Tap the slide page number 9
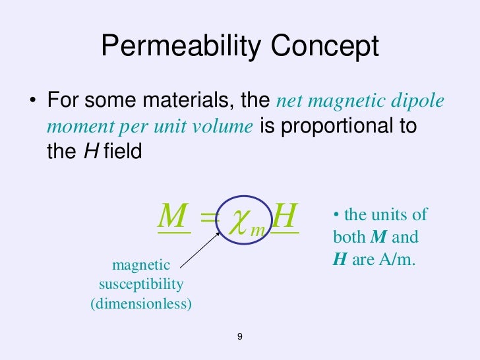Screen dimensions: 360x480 pyautogui.click(x=240, y=337)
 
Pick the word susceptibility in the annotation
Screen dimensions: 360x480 pyautogui.click(x=141, y=285)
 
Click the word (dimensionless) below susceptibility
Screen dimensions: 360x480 pyautogui.click(x=141, y=305)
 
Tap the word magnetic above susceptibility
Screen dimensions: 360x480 pyautogui.click(x=141, y=265)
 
